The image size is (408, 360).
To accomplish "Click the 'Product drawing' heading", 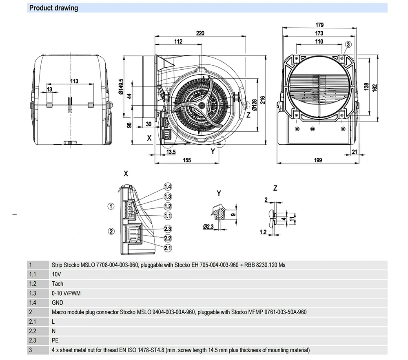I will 54,8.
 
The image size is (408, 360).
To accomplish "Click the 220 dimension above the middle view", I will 200,33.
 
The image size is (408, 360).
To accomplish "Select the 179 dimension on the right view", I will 319,25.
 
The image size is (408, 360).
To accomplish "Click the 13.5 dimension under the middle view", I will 171,152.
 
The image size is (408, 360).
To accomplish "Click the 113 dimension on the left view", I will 74,81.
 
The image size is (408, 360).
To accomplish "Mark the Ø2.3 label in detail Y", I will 208,226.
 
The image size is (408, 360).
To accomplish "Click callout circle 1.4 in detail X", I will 168,187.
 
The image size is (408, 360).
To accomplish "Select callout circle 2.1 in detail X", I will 168,248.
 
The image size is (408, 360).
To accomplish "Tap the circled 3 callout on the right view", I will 348,44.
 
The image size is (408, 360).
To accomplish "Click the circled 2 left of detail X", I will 111,231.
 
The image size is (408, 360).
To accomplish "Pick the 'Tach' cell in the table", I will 58,284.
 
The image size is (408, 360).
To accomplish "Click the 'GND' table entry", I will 58,303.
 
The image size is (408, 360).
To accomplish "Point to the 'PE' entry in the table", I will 55,340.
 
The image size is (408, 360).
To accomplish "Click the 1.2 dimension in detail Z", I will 263,232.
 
